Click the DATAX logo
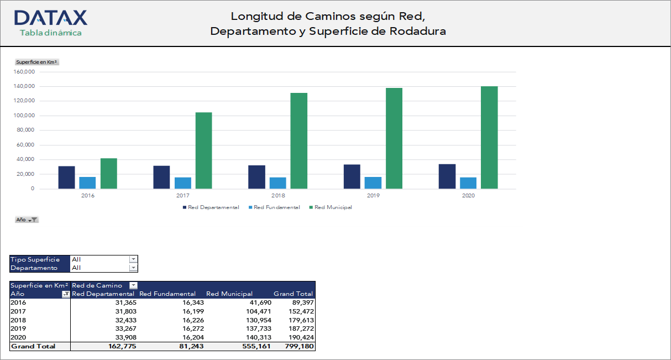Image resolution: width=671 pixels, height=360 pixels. (x=51, y=18)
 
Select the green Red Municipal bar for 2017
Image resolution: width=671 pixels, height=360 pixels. (x=203, y=150)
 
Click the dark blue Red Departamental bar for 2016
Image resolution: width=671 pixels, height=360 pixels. (x=66, y=177)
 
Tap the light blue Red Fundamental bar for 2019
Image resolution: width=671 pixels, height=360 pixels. (x=373, y=182)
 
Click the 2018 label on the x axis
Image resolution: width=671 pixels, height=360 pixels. (x=278, y=196)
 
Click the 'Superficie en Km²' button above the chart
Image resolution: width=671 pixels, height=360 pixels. (x=37, y=62)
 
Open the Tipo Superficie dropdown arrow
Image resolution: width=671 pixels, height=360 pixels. (x=133, y=259)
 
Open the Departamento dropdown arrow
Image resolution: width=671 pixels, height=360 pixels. (x=133, y=268)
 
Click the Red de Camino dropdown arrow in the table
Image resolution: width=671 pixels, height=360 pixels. (x=133, y=285)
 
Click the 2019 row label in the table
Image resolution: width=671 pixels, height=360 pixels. (x=18, y=328)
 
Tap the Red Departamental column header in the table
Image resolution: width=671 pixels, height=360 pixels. (x=103, y=294)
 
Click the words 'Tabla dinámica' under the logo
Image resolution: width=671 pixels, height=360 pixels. (x=51, y=33)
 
